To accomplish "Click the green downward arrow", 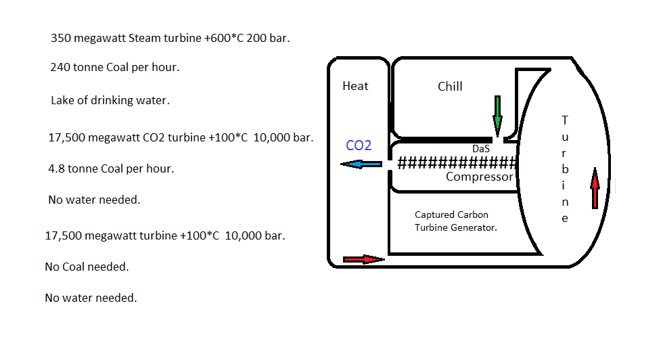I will tap(498, 114).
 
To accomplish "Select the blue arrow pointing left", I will tap(361, 164).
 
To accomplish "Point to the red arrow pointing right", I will tap(363, 258).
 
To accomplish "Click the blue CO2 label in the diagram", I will tap(359, 145).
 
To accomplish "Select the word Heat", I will tap(355, 86).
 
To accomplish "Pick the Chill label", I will tap(450, 87).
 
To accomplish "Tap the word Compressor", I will tap(480, 177).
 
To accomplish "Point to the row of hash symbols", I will tap(457, 163).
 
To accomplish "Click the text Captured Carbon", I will tap(451, 215).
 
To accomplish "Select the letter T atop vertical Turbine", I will tap(566, 120).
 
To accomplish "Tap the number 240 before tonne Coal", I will tap(60, 68).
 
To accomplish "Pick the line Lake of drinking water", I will tap(110, 100).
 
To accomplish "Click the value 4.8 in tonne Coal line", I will tap(56, 168).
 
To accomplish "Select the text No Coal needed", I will tap(87, 267).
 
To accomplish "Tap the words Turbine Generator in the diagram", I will tap(456, 228).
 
